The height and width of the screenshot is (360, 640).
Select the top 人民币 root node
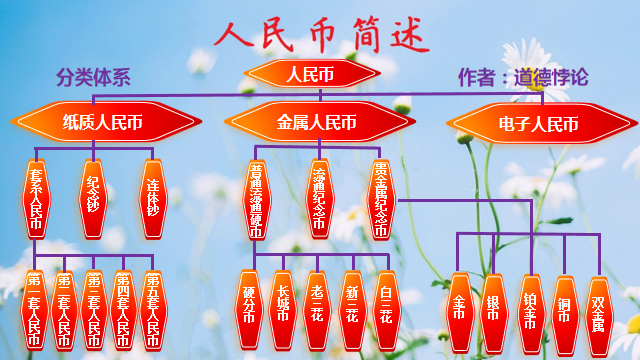pyautogui.click(x=309, y=74)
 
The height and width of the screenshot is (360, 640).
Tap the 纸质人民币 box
pyautogui.click(x=103, y=124)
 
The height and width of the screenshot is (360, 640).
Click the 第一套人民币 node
pyautogui.click(x=35, y=309)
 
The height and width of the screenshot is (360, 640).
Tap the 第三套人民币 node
pyautogui.click(x=93, y=309)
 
